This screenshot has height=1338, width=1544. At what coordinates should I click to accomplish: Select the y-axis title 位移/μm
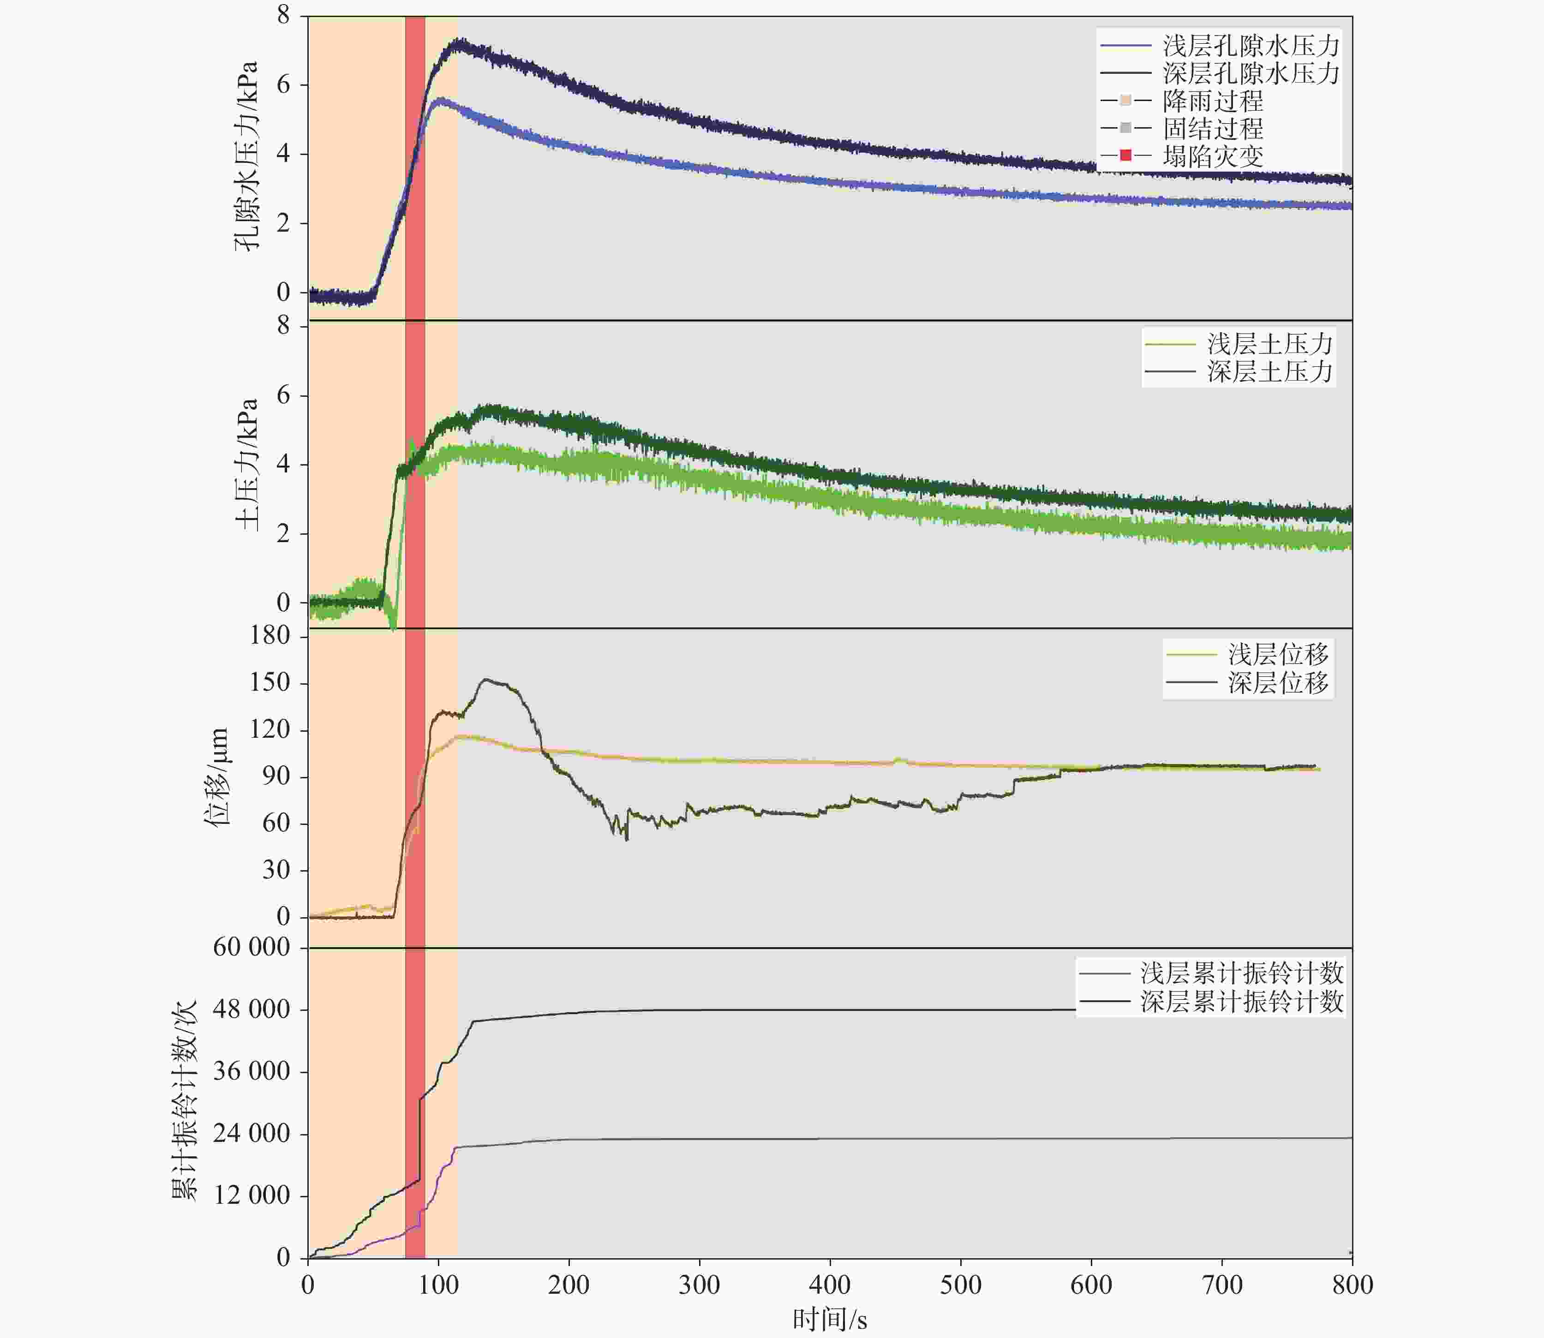pos(216,777)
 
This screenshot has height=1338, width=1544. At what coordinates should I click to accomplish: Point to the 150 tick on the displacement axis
pos(270,682)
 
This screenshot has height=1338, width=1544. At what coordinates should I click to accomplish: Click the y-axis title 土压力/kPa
pos(246,465)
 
